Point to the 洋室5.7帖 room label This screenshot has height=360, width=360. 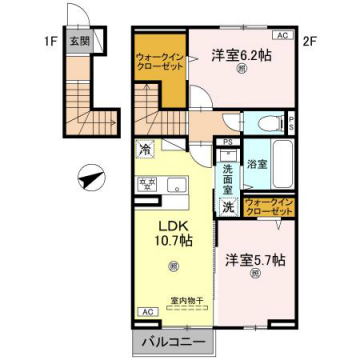click(255, 260)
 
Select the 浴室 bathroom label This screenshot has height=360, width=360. click(255, 163)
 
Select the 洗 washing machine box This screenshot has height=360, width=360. click(228, 208)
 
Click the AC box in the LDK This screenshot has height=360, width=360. click(146, 311)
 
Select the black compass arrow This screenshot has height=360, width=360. click(93, 180)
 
